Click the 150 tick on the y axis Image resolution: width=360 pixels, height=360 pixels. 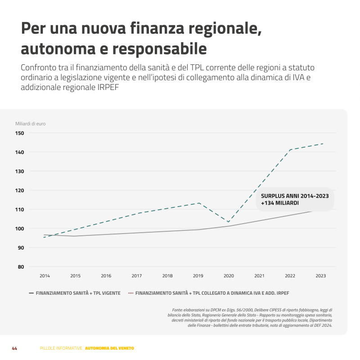coord(20,133)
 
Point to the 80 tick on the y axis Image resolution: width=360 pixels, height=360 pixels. coord(21,267)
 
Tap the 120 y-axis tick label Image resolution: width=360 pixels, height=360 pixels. coord(20,190)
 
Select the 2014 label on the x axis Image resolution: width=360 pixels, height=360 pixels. coord(45,276)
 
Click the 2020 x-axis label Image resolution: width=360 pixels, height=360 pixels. coord(229,276)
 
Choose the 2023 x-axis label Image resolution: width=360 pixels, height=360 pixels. coord(321,276)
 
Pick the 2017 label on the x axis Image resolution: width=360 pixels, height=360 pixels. coord(137,276)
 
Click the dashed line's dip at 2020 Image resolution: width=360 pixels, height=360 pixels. coord(229,222)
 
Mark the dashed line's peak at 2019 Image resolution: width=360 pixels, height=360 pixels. coord(198,203)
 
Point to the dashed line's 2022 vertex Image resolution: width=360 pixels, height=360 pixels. coord(290,149)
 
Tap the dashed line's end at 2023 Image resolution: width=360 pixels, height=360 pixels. coord(323,144)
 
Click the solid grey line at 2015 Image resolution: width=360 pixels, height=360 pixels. coord(75,236)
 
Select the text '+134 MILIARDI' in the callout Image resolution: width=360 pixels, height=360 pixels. coord(279,203)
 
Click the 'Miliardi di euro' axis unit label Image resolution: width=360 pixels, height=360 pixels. coord(31,124)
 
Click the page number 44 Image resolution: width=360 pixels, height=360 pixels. coord(14,348)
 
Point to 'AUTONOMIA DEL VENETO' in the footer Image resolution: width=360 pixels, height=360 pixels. coord(109,348)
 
